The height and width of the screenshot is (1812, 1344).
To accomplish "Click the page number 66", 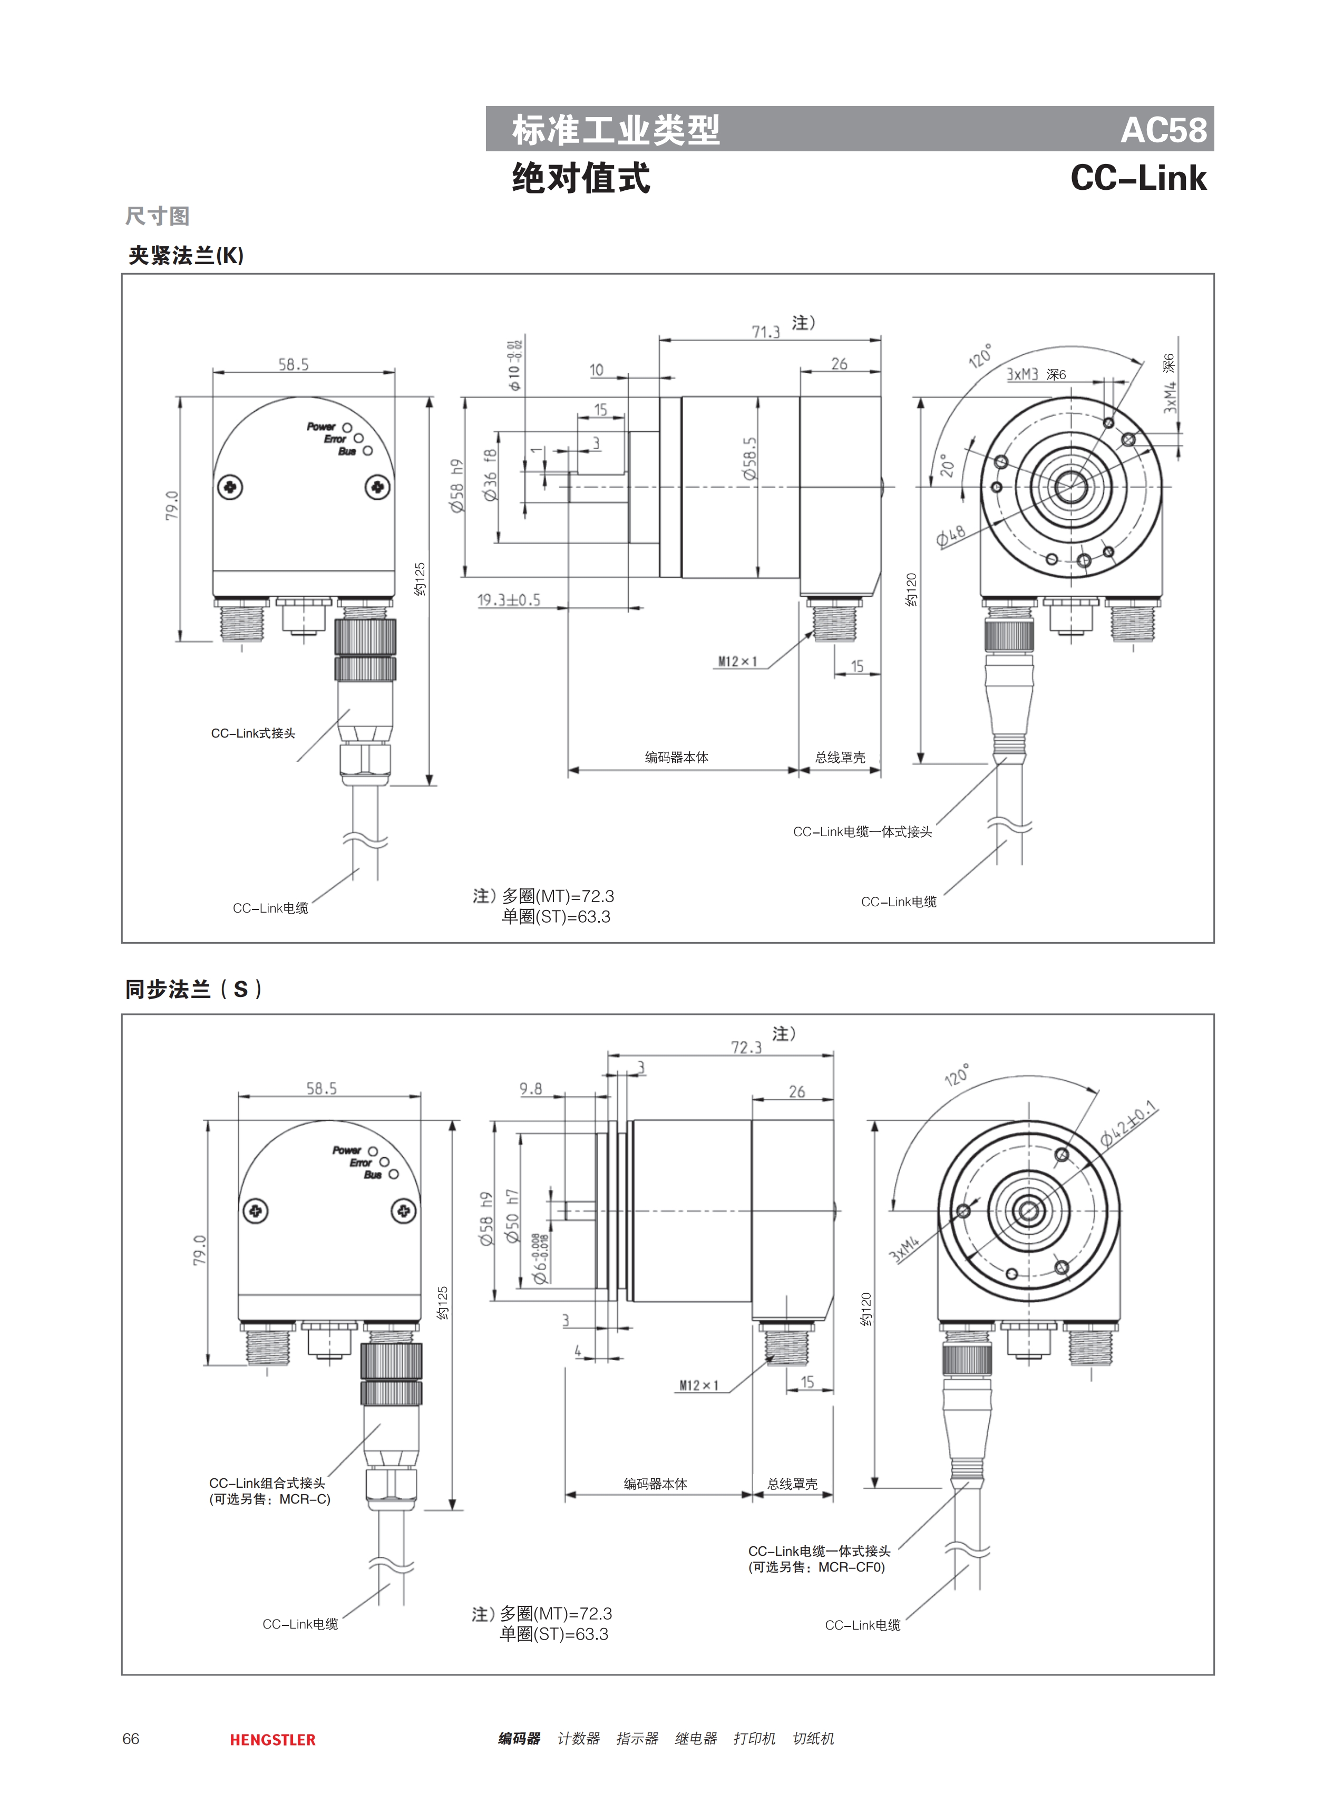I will coord(131,1739).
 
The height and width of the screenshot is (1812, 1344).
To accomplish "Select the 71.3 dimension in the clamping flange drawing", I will coord(765,331).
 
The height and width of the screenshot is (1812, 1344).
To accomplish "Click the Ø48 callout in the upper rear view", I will coord(950,536).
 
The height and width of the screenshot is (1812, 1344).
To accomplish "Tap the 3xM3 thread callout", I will coord(1022,374).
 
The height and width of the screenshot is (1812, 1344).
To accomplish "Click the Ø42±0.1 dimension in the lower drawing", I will coord(1128,1123).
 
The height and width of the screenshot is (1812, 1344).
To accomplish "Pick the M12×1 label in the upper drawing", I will coord(737,662).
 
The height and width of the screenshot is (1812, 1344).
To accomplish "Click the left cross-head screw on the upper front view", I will coord(231,487).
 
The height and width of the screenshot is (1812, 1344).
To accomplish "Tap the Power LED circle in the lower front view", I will coord(373,1151).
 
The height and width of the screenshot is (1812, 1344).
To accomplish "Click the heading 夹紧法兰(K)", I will coord(186,256).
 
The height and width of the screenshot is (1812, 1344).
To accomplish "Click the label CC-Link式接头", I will coord(253,733).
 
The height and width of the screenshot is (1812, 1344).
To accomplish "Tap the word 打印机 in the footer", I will coord(754,1739).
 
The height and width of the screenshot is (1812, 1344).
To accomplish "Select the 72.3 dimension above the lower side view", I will coord(745,1047).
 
